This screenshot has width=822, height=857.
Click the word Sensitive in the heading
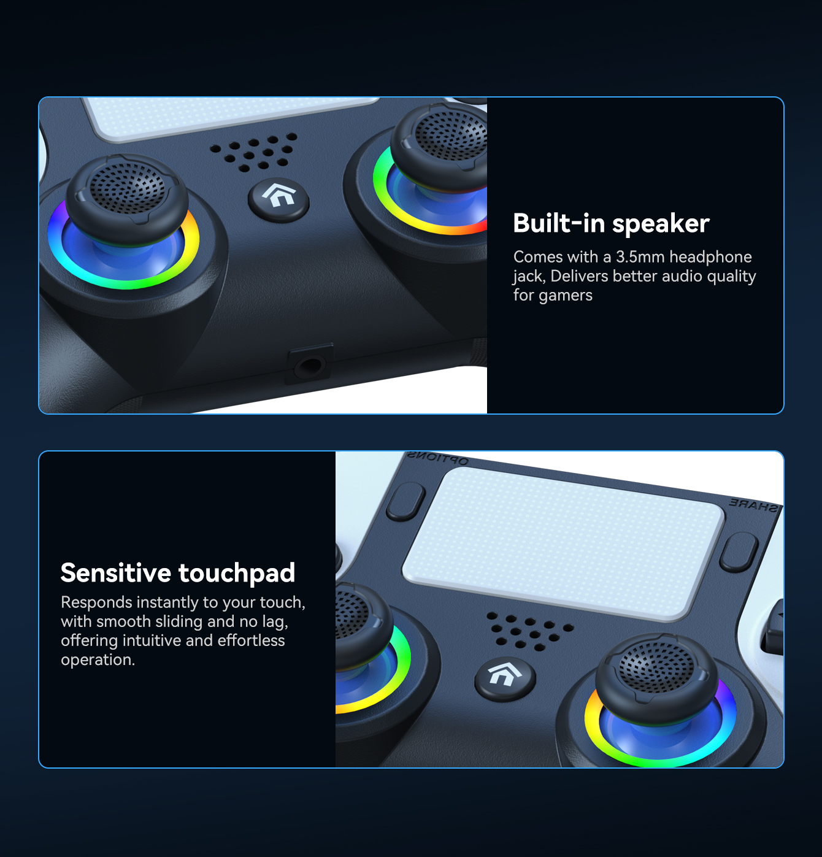click(x=116, y=572)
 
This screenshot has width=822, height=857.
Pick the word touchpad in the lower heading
click(x=236, y=574)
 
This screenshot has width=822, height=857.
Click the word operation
click(x=98, y=660)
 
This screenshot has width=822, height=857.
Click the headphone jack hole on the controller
click(x=310, y=365)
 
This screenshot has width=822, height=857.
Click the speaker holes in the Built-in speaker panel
click(x=254, y=152)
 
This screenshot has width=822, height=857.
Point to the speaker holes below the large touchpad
click(x=529, y=631)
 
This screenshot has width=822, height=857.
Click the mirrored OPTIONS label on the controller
click(x=437, y=458)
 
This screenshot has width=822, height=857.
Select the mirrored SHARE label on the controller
click(x=753, y=505)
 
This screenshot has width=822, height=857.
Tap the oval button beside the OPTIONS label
click(x=405, y=502)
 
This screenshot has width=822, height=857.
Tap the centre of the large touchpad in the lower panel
click(x=563, y=544)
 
